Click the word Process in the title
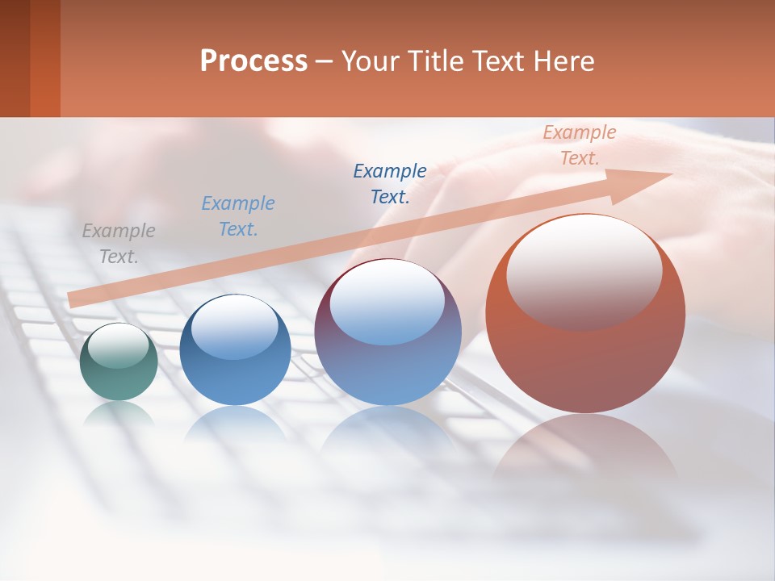(253, 61)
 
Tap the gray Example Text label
(119, 244)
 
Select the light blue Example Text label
(238, 216)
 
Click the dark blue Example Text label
(390, 184)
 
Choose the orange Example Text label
(579, 145)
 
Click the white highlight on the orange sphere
(584, 270)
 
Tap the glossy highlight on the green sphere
(118, 345)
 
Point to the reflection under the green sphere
(119, 413)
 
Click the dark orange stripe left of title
(45, 58)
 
